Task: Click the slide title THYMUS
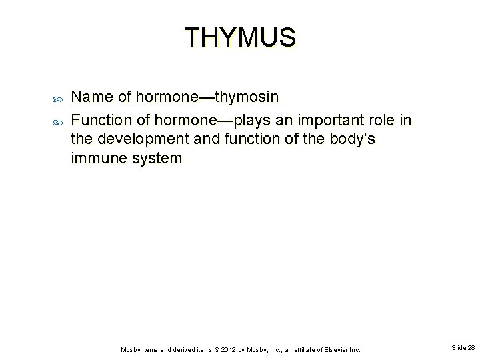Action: pos(239,37)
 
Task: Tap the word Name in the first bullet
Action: pos(93,97)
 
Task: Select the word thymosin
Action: pos(248,97)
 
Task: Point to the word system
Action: pos(157,159)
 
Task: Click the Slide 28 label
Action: pos(463,348)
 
